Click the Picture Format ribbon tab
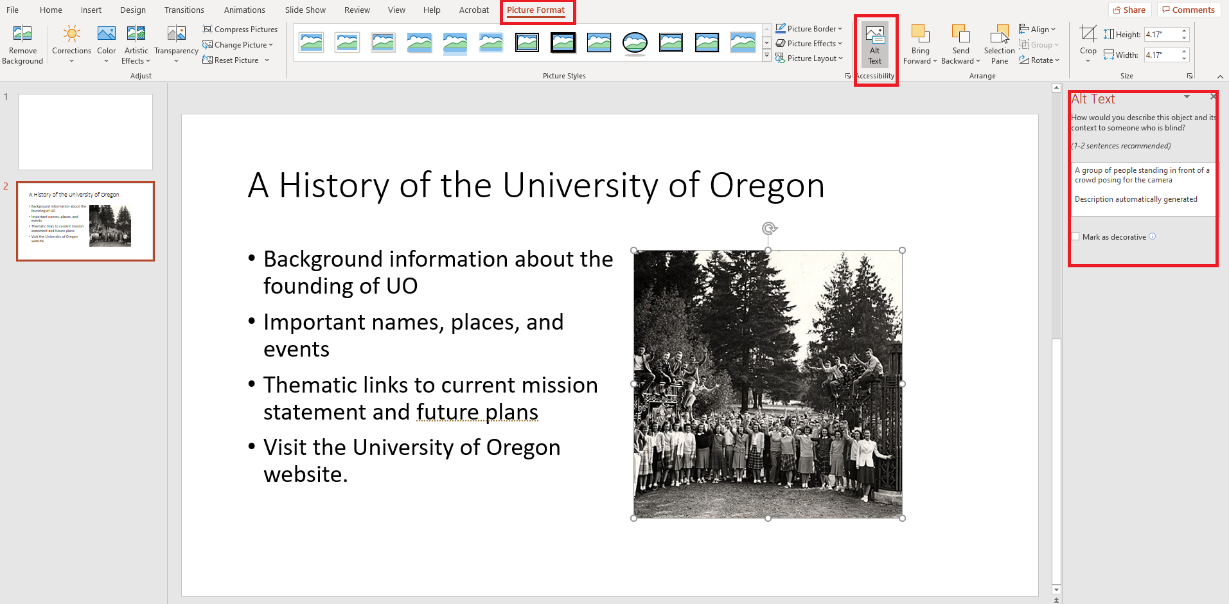click(536, 10)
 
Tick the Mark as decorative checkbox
click(1075, 236)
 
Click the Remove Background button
click(22, 45)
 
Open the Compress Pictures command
click(240, 30)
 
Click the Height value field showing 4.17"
click(1162, 35)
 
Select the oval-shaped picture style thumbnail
click(635, 43)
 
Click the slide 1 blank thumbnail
click(85, 132)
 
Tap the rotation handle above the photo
click(769, 228)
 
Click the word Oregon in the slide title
click(766, 186)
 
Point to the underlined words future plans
click(477, 412)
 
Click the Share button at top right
click(1129, 10)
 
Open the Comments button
click(1188, 10)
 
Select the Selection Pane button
click(999, 45)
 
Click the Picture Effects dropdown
click(809, 44)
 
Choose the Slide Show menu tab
click(305, 10)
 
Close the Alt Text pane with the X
click(1212, 97)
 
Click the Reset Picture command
click(236, 60)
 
